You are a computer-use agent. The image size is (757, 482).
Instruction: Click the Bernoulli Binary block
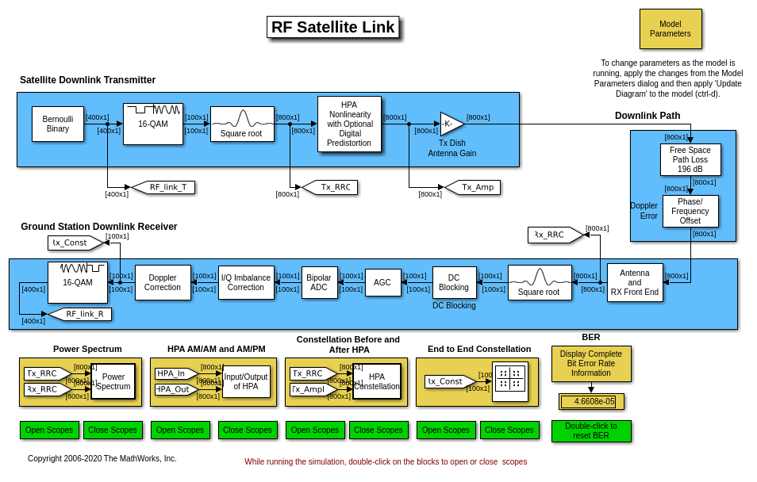58,124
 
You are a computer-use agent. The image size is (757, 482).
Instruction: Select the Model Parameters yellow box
671,29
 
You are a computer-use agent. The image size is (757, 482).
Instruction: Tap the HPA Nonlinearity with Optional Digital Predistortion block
349,124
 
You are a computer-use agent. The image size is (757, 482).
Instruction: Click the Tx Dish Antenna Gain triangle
450,124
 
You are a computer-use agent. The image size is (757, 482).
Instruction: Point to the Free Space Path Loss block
690,159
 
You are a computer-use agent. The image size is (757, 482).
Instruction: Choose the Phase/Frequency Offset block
690,211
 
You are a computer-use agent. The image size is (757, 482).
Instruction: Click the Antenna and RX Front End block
635,282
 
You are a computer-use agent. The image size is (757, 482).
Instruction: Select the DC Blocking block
454,282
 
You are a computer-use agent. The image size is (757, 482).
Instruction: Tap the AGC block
382,282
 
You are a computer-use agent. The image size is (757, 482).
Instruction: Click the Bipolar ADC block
319,282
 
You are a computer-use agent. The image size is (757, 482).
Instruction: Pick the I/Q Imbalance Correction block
246,282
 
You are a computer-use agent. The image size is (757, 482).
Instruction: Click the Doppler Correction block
163,282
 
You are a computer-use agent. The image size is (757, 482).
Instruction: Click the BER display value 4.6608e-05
591,402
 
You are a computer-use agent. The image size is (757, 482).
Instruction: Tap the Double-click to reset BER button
591,431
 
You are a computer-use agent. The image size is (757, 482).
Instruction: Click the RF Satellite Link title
332,27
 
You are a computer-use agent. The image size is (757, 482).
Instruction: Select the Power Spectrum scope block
113,381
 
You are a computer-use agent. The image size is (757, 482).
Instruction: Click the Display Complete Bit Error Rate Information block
591,364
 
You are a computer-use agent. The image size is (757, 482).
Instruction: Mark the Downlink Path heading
647,116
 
